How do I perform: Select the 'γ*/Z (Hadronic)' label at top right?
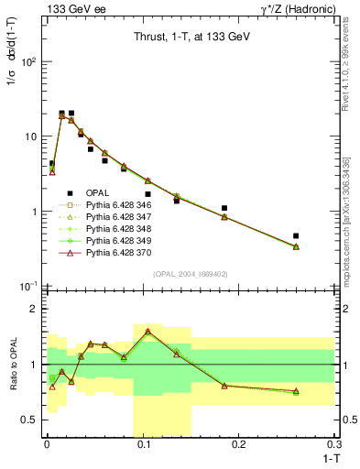point(300,8)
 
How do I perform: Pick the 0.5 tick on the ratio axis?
point(31,420)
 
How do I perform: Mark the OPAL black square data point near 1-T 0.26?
point(295,235)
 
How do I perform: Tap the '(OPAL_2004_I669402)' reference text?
point(189,274)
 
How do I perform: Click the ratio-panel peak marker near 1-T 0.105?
point(147,331)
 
